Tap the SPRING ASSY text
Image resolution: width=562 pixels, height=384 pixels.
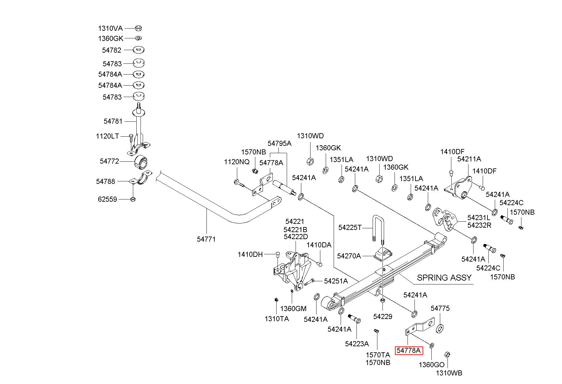tap(444, 278)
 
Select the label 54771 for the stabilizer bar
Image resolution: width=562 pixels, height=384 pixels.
tap(206, 239)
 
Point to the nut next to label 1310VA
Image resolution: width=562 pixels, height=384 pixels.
tap(138, 28)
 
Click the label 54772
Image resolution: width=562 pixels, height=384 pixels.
tap(109, 161)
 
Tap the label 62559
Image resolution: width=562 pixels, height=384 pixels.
tap(108, 199)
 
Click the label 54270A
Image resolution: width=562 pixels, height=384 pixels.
tap(349, 256)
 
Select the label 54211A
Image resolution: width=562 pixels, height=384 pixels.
tap(469, 159)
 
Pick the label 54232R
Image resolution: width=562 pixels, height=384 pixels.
tap(479, 225)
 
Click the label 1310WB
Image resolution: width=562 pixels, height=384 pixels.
tap(449, 373)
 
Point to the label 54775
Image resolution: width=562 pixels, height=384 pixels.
tap(440, 308)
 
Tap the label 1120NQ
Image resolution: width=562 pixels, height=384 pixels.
tap(237, 162)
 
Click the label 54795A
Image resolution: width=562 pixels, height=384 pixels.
tap(279, 143)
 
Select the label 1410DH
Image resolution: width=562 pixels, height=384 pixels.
tap(250, 254)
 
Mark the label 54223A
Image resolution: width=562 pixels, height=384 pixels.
tap(357, 344)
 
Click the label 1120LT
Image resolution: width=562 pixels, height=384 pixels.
tap(108, 136)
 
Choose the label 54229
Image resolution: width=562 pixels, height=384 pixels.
tap(383, 316)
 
